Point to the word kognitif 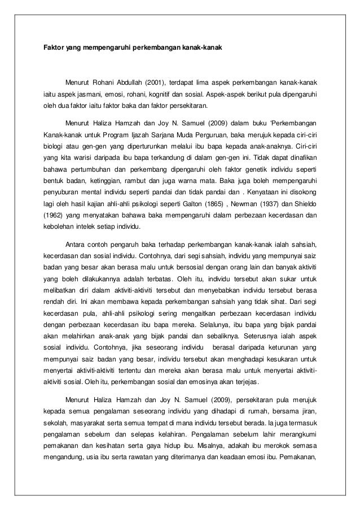pos(158,94)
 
